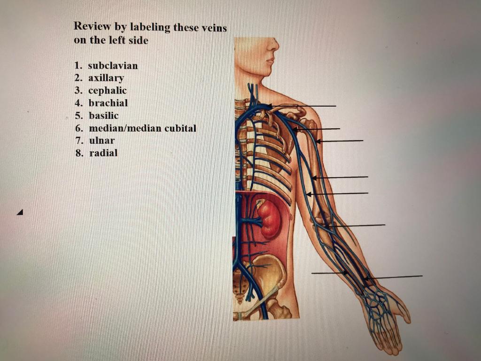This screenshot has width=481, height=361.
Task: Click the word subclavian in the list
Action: click(x=113, y=65)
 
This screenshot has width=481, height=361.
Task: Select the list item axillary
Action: click(x=106, y=78)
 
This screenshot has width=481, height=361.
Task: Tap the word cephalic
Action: click(x=108, y=90)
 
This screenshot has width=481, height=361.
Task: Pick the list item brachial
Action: click(x=108, y=103)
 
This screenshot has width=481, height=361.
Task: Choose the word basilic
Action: click(x=103, y=116)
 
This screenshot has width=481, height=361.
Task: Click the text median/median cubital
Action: click(x=142, y=128)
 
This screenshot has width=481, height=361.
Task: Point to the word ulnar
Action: click(x=101, y=140)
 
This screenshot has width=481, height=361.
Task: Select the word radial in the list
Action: click(x=103, y=153)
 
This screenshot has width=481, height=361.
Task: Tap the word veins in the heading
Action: click(x=214, y=28)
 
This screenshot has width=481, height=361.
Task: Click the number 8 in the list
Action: click(x=78, y=153)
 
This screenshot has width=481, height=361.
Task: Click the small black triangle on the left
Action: click(x=19, y=212)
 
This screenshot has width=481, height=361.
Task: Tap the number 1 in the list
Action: click(x=77, y=65)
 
